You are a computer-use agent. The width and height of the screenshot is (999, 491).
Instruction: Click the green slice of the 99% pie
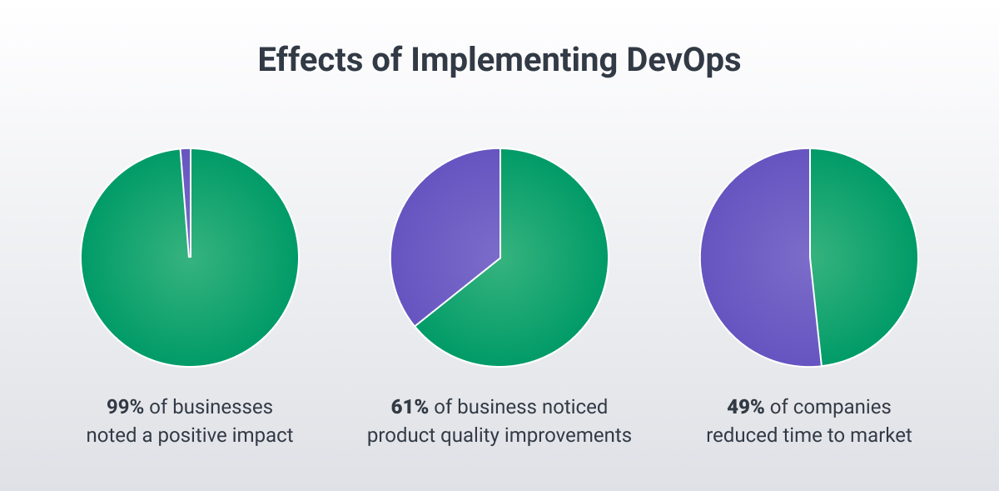pyautogui.click(x=190, y=300)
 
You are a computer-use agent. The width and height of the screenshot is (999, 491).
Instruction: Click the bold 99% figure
pyautogui.click(x=126, y=407)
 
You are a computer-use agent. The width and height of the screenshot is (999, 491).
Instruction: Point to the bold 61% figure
pyautogui.click(x=410, y=407)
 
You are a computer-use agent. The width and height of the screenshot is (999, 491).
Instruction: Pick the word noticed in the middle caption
pyautogui.click(x=577, y=407)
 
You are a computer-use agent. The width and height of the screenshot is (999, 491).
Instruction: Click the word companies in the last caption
pyautogui.click(x=842, y=407)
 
